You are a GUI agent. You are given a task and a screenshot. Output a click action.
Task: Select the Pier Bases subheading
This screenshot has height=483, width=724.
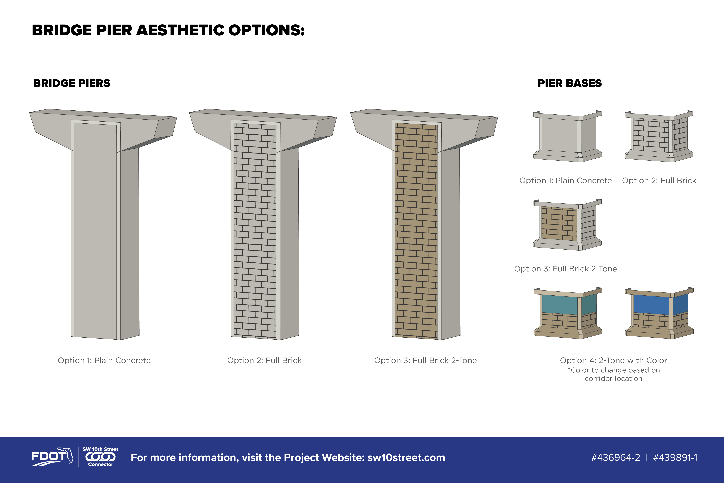(569, 83)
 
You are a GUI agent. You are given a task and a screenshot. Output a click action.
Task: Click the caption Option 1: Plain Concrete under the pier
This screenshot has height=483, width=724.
(104, 360)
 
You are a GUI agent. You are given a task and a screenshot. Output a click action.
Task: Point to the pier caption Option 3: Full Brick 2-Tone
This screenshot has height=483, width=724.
(425, 360)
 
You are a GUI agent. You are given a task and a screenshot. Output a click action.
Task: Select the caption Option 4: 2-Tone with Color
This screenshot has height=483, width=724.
(614, 360)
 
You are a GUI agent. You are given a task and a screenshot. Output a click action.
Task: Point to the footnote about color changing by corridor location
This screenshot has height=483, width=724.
(614, 374)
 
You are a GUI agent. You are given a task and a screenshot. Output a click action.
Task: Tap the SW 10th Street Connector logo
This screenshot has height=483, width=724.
(100, 457)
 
